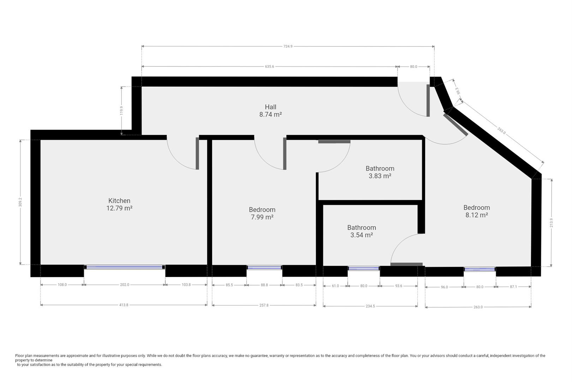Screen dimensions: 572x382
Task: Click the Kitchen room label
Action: pos(119,204)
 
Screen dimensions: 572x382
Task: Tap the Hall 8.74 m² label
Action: pos(270,110)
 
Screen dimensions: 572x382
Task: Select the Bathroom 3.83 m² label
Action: pos(380,172)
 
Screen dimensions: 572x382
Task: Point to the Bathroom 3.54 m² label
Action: pos(362,231)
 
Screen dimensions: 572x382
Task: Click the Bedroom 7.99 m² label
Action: pos(262,213)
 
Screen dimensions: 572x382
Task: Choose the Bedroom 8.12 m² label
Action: pos(477,211)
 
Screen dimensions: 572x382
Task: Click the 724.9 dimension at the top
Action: pos(288,46)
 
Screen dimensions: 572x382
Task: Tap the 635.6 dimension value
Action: pos(269,66)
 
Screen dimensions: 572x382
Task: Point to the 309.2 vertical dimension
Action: pos(20,202)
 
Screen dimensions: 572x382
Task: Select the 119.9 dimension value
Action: pos(121,110)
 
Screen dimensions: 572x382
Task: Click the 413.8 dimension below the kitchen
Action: pos(124,305)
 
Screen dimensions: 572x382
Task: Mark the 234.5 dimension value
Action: pos(370,306)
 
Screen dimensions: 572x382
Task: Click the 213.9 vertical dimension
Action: pos(551,222)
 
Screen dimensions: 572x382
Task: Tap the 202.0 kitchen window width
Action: pos(125,284)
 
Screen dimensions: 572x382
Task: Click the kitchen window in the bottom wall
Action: pos(125,267)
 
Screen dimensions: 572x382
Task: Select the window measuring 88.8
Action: pos(264,268)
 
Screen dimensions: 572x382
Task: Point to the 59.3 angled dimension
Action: pos(458,91)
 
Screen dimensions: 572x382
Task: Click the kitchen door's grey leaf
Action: pos(197,154)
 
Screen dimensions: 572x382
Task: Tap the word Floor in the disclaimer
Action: pos(19,355)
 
